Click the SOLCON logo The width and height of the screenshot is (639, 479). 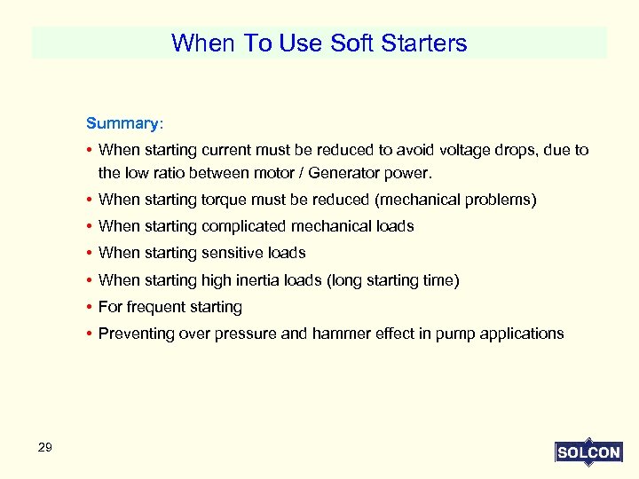click(x=588, y=452)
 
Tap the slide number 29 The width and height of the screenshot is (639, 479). click(x=45, y=447)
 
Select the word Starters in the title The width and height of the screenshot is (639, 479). click(x=423, y=43)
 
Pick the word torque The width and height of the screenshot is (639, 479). click(x=227, y=200)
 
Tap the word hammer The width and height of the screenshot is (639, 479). click(x=340, y=334)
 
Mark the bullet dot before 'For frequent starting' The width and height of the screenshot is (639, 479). click(x=91, y=308)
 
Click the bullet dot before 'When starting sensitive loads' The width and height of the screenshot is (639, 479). click(x=91, y=254)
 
